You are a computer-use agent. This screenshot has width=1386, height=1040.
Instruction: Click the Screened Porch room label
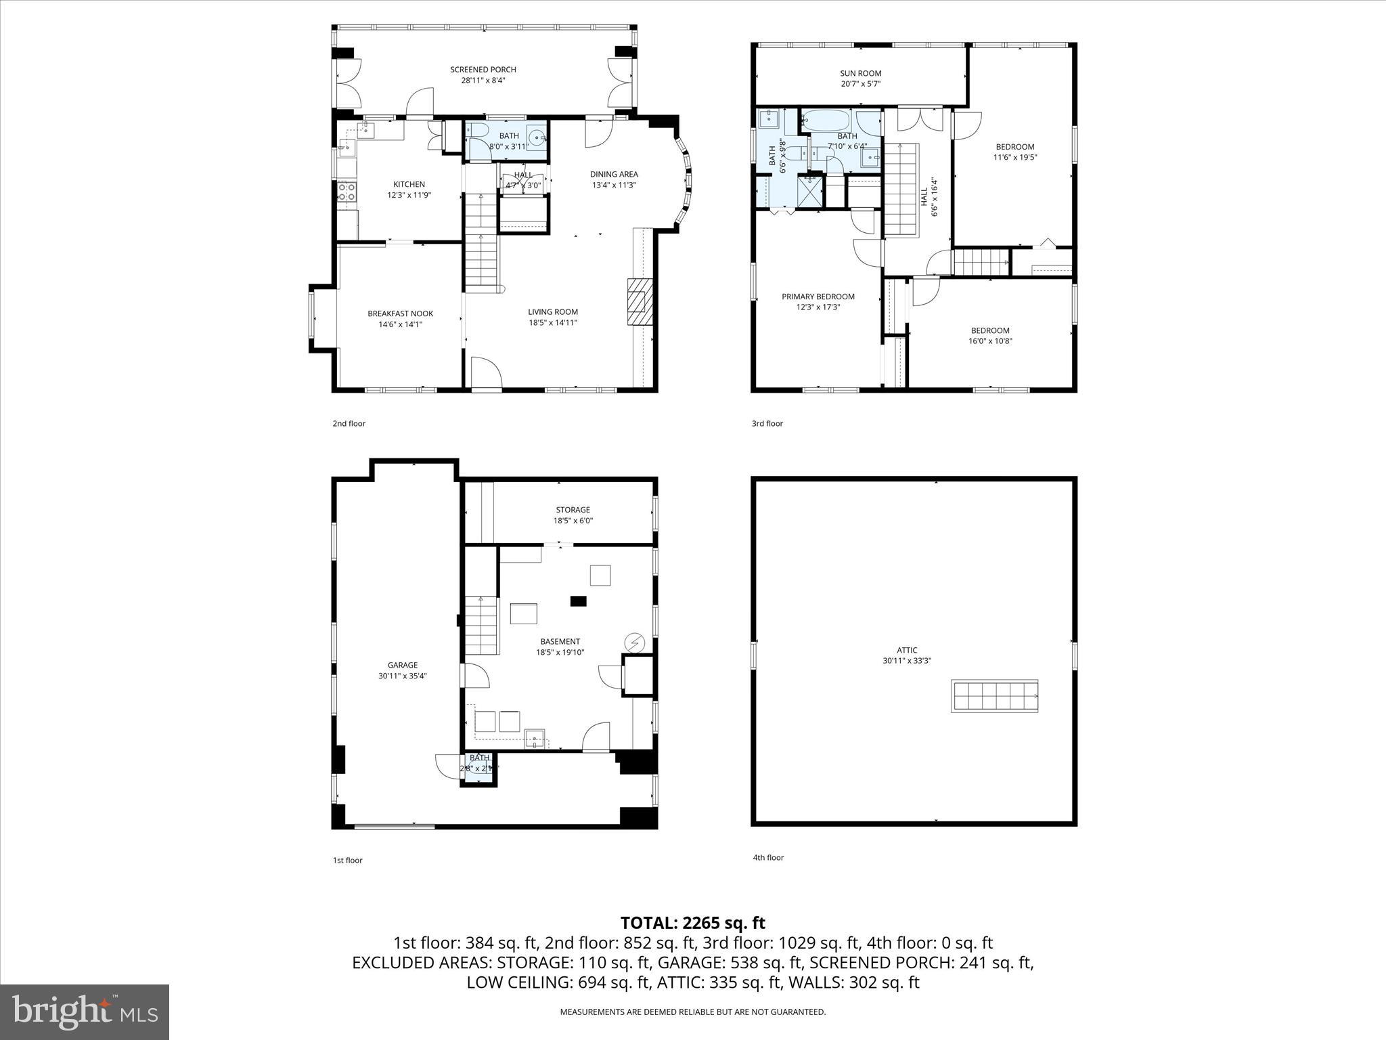(x=483, y=69)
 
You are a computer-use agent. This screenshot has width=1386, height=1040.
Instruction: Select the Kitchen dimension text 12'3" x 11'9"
(x=409, y=195)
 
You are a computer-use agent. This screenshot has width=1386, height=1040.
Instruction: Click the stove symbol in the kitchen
(x=346, y=192)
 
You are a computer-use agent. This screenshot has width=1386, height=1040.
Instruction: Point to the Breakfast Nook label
(x=400, y=313)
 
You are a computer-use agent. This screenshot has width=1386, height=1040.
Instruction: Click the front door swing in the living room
(x=486, y=374)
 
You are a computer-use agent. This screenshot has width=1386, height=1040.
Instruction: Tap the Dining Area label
(x=614, y=174)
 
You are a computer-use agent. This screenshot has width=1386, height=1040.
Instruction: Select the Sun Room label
(x=860, y=73)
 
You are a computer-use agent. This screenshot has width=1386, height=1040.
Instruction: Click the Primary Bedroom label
(x=818, y=297)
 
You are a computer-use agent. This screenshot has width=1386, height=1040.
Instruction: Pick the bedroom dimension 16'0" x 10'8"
(x=989, y=341)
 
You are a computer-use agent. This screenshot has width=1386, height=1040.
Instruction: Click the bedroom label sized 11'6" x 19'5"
(x=1014, y=147)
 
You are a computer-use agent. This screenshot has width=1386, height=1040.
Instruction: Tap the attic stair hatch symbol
(x=994, y=696)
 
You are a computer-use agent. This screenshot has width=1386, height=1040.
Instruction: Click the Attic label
(x=907, y=650)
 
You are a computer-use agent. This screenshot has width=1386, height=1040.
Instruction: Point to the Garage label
(x=402, y=665)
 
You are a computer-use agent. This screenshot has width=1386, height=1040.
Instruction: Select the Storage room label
(x=573, y=510)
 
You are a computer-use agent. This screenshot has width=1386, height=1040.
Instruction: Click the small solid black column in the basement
(x=578, y=601)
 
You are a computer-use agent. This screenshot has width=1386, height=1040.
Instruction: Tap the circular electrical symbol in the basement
(x=634, y=641)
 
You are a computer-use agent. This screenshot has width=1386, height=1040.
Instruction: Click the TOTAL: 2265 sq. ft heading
(x=692, y=923)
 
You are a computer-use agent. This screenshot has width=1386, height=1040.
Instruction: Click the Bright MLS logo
(x=85, y=1012)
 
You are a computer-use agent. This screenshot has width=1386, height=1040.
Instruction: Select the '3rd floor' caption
(x=767, y=424)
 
